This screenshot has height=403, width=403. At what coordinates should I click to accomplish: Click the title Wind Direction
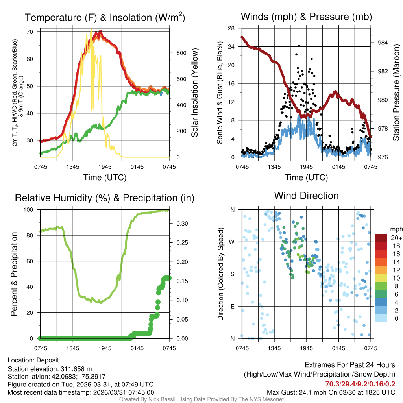[306, 196]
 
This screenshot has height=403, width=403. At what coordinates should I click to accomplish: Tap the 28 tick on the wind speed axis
[232, 28]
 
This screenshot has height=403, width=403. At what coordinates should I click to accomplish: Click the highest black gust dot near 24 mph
[299, 46]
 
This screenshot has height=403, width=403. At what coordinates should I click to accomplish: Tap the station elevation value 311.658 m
[76, 369]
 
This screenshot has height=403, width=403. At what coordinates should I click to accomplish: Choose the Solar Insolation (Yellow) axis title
[194, 93]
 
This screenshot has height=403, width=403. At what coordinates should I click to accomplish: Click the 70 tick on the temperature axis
[33, 32]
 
